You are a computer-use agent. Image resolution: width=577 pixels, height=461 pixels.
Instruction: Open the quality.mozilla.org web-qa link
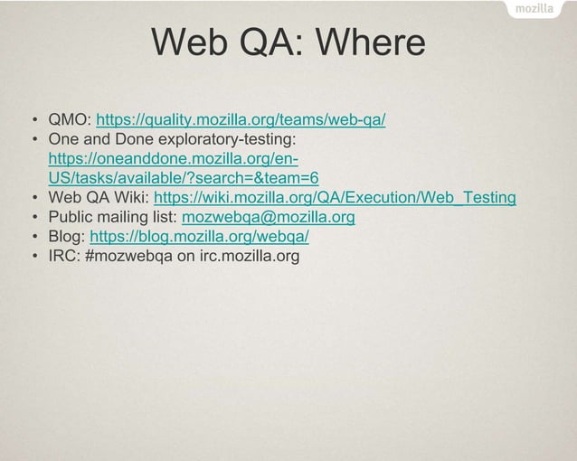241,119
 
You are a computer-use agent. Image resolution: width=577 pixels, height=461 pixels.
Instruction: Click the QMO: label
70,119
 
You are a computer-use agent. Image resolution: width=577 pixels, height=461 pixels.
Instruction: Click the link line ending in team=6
184,178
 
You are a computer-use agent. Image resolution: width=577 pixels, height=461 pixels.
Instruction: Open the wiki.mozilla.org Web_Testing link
335,198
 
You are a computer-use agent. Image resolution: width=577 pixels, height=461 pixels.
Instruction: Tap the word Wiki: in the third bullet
130,198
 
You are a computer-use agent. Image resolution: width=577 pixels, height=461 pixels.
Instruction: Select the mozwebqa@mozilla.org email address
269,218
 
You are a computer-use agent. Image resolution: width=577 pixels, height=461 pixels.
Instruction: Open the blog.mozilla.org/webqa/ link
200,237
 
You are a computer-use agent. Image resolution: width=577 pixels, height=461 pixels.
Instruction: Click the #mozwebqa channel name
129,257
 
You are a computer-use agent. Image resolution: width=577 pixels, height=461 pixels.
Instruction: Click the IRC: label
64,257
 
